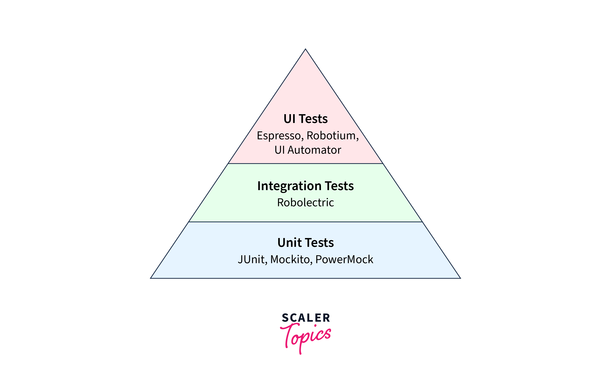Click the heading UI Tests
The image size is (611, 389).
pos(305,119)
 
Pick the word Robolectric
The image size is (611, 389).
pos(305,202)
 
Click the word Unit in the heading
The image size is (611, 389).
pos(289,243)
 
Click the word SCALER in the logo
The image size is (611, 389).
pos(306,318)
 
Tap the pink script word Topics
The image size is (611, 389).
pos(306,336)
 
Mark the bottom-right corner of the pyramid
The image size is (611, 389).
pos(460,278)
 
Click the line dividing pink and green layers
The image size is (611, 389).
pos(305,164)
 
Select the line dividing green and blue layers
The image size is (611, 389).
pos(305,222)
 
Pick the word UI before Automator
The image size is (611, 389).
pos(279,150)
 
